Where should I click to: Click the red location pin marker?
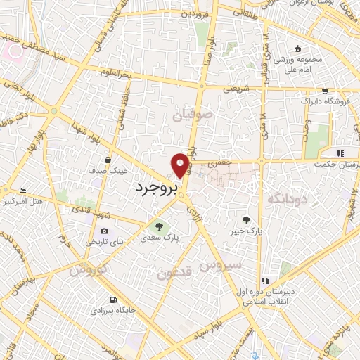(181, 165)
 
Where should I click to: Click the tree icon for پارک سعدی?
(158, 226)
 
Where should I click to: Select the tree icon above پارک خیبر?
(246, 219)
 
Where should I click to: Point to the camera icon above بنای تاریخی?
(104, 231)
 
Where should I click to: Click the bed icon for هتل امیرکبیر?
(22, 191)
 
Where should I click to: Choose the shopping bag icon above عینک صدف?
(108, 160)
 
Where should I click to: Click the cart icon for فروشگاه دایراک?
(324, 91)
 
